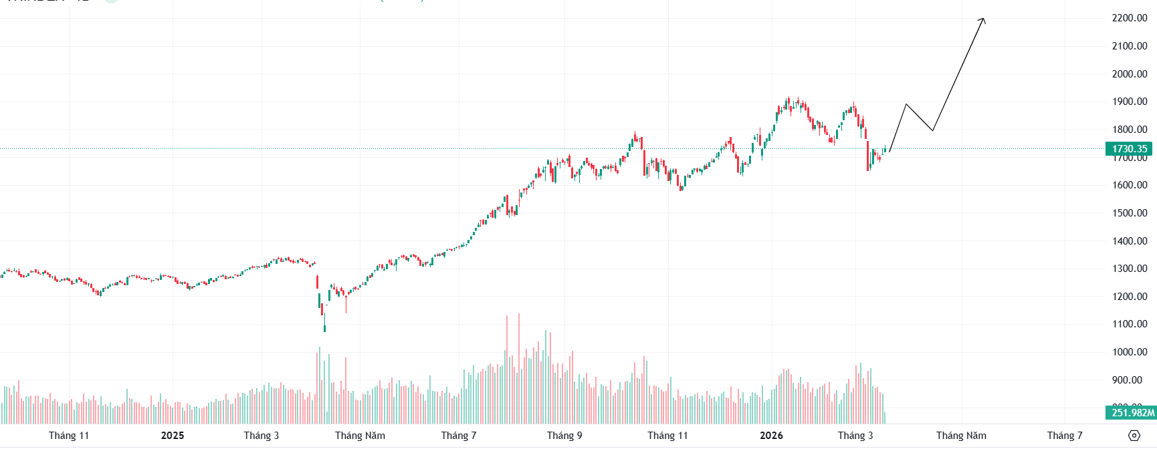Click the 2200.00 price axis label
[x=1129, y=18]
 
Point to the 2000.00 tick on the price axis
[x=1129, y=74]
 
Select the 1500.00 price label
[x=1129, y=213]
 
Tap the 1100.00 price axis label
[x=1129, y=324]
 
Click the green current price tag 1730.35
[x=1129, y=149]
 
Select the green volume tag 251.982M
[x=1132, y=413]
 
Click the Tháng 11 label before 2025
[x=69, y=436]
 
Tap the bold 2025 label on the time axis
[x=173, y=436]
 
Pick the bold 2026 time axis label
[x=771, y=436]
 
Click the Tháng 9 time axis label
[x=564, y=436]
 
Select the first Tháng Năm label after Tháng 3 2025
[x=360, y=436]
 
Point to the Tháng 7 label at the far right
[x=1065, y=436]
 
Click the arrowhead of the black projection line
[x=983, y=19]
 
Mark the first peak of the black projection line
[x=906, y=104]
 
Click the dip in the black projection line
[x=932, y=130]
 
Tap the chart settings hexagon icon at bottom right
[x=1134, y=436]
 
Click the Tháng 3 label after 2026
[x=855, y=436]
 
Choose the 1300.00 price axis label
[x=1129, y=269]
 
